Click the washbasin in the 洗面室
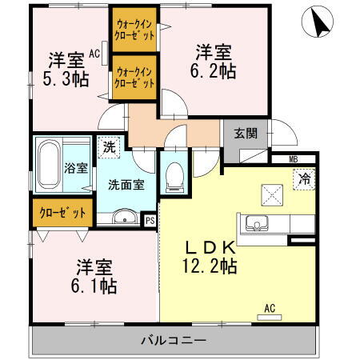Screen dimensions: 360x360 pyautogui.click(x=124, y=217)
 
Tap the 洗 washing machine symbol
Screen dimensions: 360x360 pyautogui.click(x=107, y=148)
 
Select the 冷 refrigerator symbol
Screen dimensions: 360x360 pyautogui.click(x=303, y=179)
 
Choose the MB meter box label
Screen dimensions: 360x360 pyautogui.click(x=293, y=160)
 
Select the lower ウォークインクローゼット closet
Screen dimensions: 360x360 pyautogui.click(x=134, y=77)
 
